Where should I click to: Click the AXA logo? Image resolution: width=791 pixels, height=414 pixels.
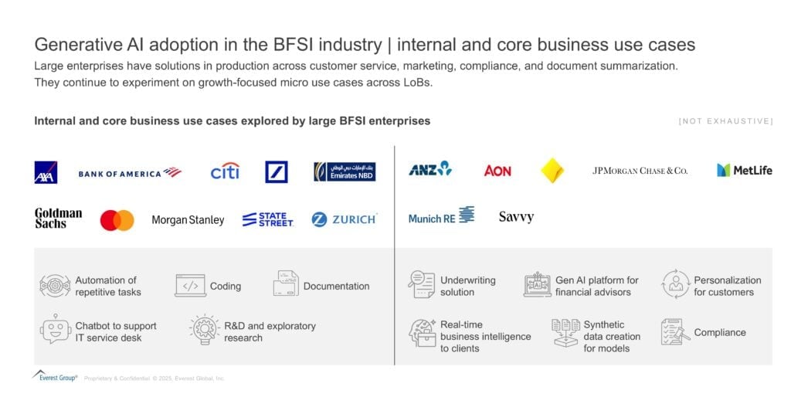tap(46, 172)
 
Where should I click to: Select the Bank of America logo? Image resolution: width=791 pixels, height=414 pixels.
tap(129, 173)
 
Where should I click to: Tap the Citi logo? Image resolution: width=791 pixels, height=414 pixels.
tap(225, 171)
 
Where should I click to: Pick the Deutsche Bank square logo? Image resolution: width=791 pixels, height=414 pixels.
tap(277, 171)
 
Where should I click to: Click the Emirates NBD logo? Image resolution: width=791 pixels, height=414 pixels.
tap(345, 171)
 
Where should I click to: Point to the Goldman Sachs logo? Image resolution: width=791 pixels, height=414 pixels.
tap(58, 219)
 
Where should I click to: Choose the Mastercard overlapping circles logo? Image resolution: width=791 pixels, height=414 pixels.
tap(117, 220)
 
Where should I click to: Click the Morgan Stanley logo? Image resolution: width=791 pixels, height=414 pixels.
tap(188, 220)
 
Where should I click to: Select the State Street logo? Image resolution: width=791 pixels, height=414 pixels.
tap(267, 219)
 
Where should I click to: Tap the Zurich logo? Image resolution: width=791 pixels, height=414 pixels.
tap(345, 219)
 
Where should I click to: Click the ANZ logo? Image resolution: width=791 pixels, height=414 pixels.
tap(430, 169)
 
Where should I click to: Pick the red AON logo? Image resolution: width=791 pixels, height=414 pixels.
tap(497, 171)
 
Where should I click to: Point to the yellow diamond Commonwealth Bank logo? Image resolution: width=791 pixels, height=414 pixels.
tap(552, 171)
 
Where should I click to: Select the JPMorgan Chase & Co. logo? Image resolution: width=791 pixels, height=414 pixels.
tap(640, 171)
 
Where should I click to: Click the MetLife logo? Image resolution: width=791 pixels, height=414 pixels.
tap(744, 170)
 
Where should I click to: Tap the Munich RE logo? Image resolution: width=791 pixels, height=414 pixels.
tap(441, 217)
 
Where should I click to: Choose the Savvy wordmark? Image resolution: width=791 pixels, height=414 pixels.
tap(516, 217)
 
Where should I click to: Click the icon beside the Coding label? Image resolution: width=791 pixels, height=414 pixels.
tap(190, 286)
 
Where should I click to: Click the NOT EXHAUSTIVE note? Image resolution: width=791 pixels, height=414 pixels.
tap(725, 121)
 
